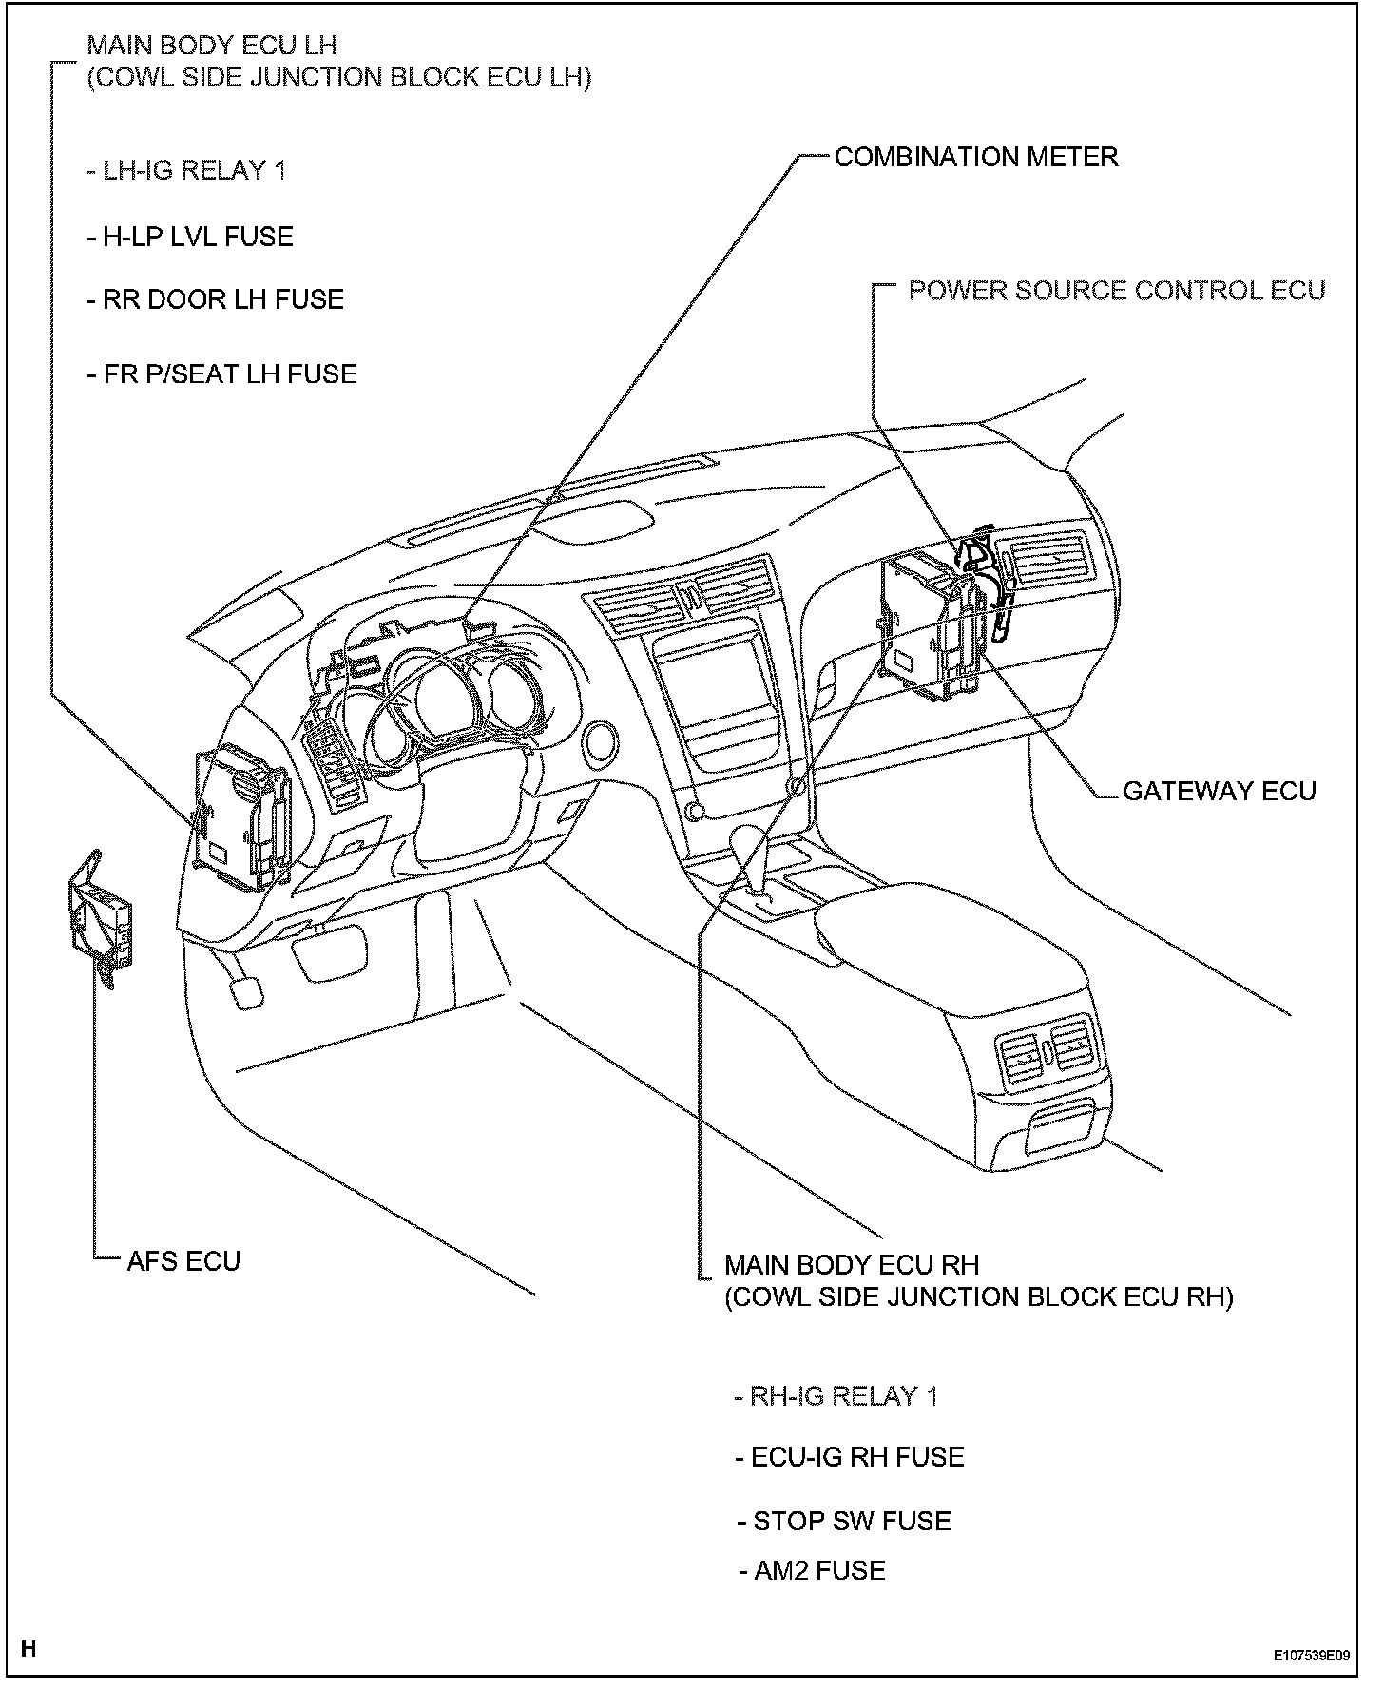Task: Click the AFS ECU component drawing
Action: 99,918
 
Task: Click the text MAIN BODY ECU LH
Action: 212,45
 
